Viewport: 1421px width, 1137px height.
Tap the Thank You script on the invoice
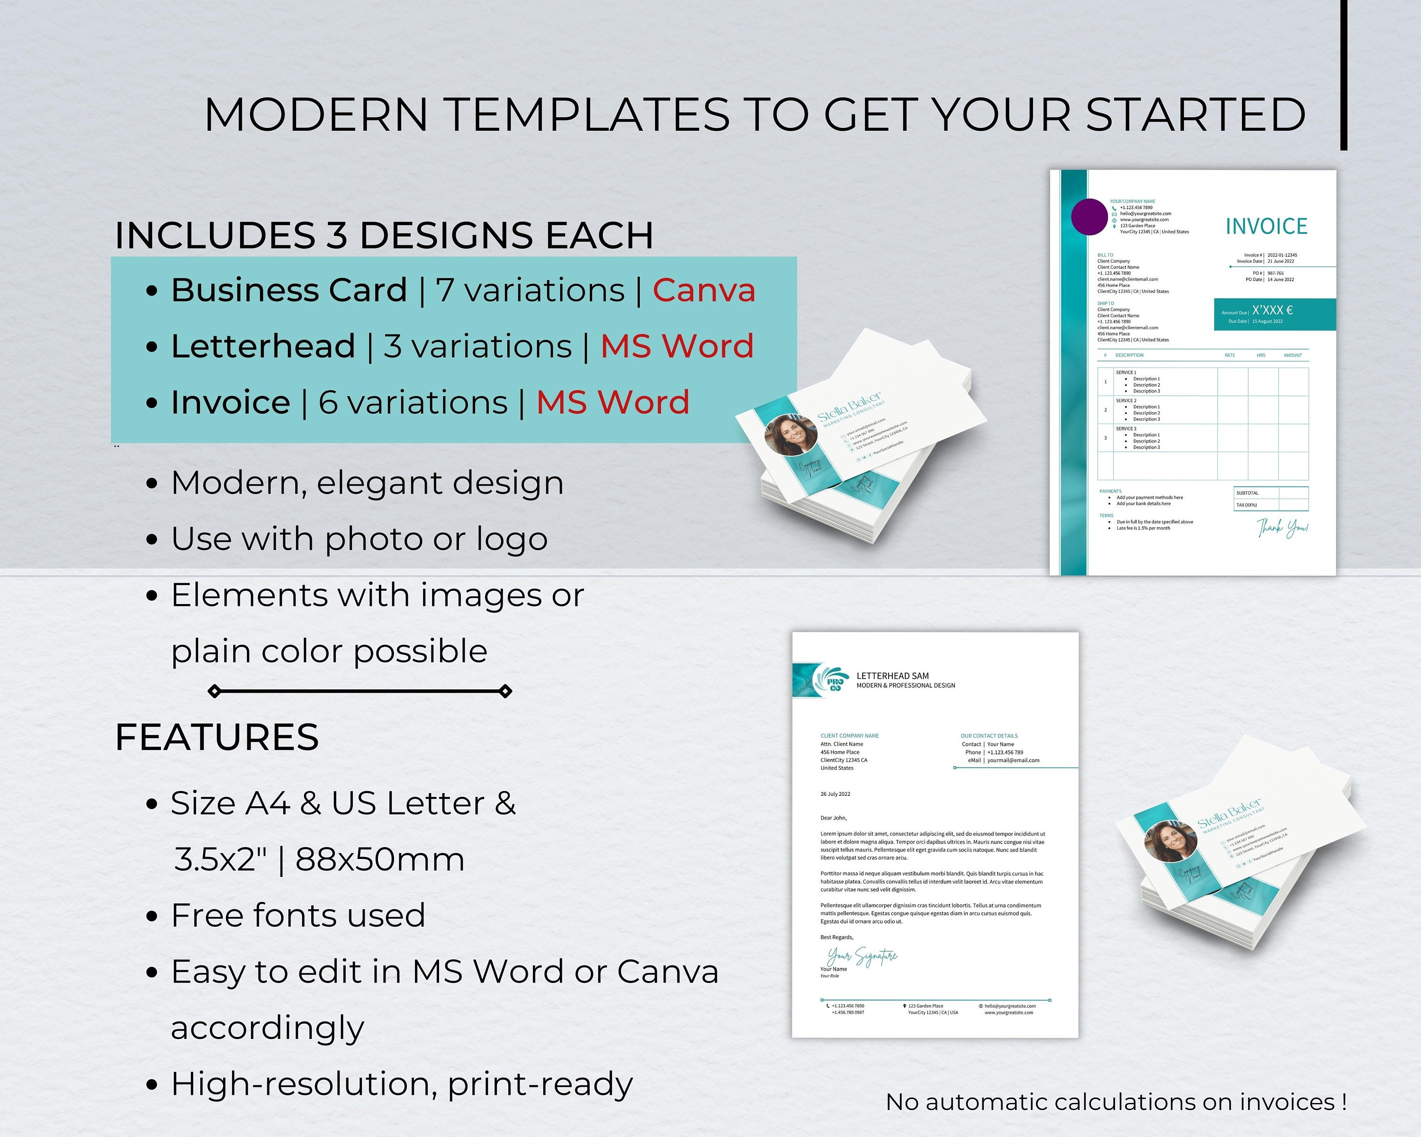click(1282, 528)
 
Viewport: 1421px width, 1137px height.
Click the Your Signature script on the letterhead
click(862, 956)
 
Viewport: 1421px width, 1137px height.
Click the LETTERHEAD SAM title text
click(892, 676)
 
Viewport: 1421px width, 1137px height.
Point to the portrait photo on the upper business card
click(790, 435)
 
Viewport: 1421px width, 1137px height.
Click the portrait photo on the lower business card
click(1170, 841)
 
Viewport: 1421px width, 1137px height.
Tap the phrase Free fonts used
click(298, 916)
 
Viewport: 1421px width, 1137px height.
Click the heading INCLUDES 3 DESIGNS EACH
click(384, 235)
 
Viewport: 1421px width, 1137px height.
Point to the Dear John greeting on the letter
click(833, 818)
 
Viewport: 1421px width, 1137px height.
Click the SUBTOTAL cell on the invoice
click(1247, 493)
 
